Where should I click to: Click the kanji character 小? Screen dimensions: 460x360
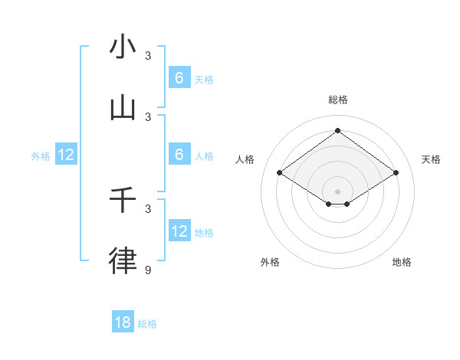click(x=123, y=47)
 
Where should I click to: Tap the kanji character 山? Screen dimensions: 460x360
click(x=123, y=109)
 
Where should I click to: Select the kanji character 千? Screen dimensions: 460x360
click(x=123, y=200)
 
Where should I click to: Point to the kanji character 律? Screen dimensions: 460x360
click(x=123, y=261)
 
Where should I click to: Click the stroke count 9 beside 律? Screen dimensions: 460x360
click(x=149, y=270)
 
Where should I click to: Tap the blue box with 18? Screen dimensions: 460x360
click(x=123, y=322)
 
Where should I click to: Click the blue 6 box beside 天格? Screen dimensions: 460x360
click(x=179, y=78)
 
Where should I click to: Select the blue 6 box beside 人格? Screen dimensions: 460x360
click(x=179, y=155)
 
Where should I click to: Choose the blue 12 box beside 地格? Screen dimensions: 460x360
click(x=179, y=231)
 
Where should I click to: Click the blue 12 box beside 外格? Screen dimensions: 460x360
click(x=66, y=155)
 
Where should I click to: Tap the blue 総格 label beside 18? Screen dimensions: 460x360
click(x=147, y=324)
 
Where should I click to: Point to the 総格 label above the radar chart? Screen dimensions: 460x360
click(x=337, y=100)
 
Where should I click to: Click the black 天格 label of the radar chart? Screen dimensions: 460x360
click(x=431, y=159)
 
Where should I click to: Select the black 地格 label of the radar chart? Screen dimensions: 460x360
click(x=402, y=262)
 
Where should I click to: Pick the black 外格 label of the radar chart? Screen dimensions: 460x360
click(x=270, y=262)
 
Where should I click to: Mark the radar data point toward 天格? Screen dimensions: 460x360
click(x=396, y=173)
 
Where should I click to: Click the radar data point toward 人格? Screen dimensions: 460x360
click(x=280, y=173)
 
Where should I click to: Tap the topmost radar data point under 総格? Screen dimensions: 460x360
click(x=337, y=130)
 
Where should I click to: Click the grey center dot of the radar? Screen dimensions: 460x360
click(x=337, y=191)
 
